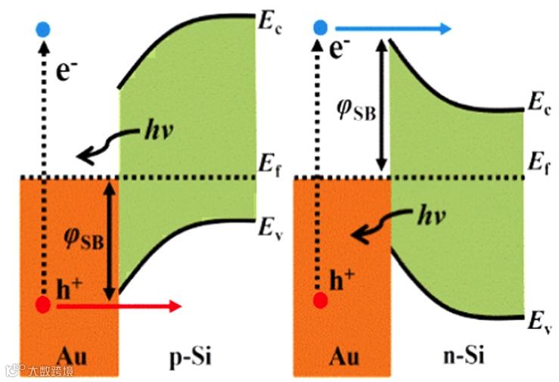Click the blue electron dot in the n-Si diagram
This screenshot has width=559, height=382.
coord(321,28)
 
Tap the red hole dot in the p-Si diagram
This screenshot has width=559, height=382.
coord(43,305)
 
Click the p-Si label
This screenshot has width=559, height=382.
coord(183,354)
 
